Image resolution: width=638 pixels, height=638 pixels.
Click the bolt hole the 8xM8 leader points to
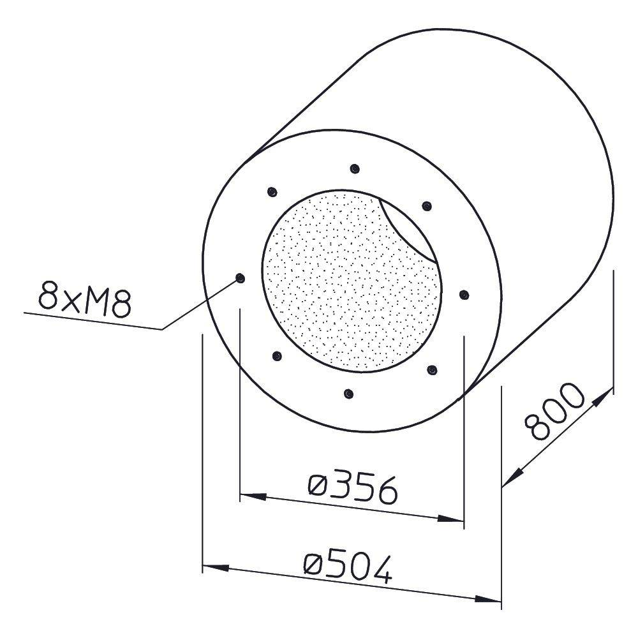pyautogui.click(x=240, y=278)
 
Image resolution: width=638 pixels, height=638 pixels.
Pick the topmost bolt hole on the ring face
pyautogui.click(x=355, y=169)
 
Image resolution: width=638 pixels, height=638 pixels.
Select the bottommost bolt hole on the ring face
pyautogui.click(x=348, y=394)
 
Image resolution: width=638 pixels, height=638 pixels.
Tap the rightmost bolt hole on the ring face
pyautogui.click(x=464, y=295)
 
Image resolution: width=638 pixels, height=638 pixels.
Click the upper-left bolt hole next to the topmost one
pyautogui.click(x=272, y=191)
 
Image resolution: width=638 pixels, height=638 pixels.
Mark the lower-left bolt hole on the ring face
pyautogui.click(x=276, y=357)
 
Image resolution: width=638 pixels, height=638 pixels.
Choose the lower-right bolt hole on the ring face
pyautogui.click(x=431, y=370)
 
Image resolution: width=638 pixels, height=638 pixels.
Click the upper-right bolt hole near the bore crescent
pyautogui.click(x=427, y=206)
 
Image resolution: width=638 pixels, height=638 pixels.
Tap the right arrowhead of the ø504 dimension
pyautogui.click(x=491, y=600)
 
